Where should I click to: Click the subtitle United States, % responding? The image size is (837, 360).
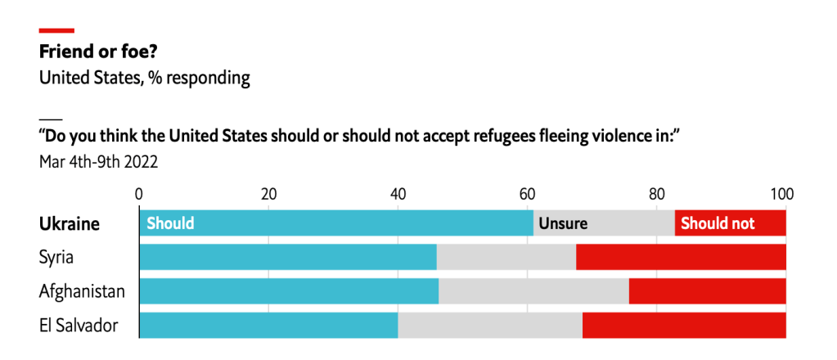coord(144,79)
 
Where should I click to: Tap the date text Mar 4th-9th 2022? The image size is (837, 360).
coord(98,161)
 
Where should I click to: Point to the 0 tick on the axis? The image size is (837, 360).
coord(139,195)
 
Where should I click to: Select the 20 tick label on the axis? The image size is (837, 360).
coord(268,195)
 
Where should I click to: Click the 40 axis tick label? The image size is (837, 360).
coord(398,195)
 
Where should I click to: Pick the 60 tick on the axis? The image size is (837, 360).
coord(527,195)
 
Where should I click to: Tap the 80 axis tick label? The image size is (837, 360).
coord(656,195)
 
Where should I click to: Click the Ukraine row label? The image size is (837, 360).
coord(70,223)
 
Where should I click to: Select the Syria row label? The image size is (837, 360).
coord(56,257)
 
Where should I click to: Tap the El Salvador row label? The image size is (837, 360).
coord(79,325)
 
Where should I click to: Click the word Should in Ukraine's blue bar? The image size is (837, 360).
coord(170,223)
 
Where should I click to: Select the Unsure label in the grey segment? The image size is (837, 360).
coord(563,223)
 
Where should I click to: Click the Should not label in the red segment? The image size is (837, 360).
coord(718,223)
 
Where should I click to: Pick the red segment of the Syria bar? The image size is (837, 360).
coord(681,257)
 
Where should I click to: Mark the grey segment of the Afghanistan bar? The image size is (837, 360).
coord(533,290)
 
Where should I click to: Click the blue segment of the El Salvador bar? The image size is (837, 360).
coord(268,325)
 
